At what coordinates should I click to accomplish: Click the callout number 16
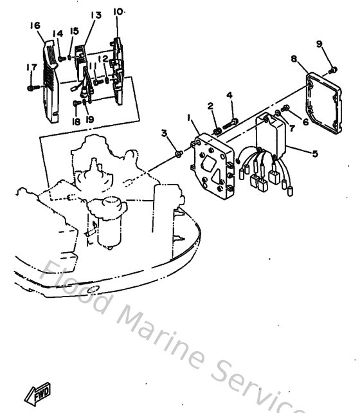coord(35,25)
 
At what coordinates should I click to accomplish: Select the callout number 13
coord(95,15)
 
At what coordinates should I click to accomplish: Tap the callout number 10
coord(118,12)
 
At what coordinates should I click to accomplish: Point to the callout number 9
coord(319,44)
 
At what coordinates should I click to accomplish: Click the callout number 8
coord(293,59)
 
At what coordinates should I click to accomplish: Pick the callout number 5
coord(314,154)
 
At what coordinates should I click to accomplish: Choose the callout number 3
coord(164,133)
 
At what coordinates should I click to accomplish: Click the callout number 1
coord(189,118)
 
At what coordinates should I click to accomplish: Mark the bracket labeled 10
coord(120,71)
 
